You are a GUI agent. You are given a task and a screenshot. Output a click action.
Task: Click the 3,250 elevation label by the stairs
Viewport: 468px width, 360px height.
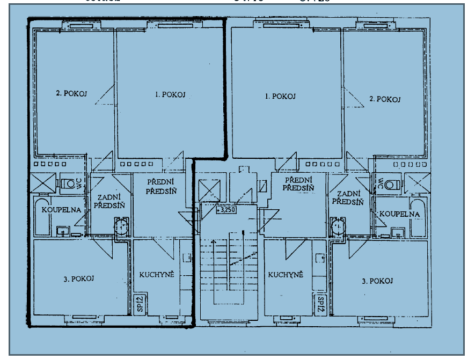pos(226,209)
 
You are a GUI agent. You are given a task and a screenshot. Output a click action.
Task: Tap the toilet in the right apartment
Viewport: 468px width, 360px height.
pos(392,185)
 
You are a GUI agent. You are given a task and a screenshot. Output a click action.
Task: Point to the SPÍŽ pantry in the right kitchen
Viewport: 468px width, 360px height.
pos(320,305)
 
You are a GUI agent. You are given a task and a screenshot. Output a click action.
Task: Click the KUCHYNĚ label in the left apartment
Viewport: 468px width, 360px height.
pos(157,275)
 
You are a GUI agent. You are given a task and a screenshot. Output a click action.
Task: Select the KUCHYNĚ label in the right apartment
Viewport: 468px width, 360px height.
pos(286,275)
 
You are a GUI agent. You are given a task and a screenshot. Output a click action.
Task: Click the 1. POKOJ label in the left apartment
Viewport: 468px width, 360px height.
pos(170,94)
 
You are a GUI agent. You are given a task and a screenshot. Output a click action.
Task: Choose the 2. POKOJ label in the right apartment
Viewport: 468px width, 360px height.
pos(385,99)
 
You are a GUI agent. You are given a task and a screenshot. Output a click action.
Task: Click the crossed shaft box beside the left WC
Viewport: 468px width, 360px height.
pos(43,183)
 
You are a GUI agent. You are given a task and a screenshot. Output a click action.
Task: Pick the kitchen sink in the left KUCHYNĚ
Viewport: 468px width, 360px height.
pos(186,258)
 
